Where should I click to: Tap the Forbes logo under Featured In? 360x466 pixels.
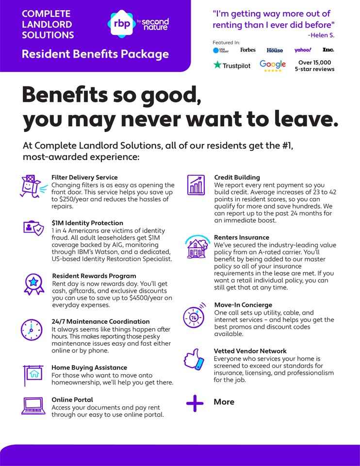pyautogui.click(x=247, y=50)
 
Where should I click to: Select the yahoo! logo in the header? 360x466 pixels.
pyautogui.click(x=303, y=50)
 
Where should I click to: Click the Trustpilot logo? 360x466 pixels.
pyautogui.click(x=232, y=65)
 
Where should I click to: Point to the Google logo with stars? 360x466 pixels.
pyautogui.click(x=273, y=66)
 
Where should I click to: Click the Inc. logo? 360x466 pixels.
pyautogui.click(x=328, y=50)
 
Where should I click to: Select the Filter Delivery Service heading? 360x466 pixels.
pyautogui.click(x=84, y=178)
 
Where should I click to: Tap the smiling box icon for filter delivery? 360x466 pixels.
pyautogui.click(x=32, y=186)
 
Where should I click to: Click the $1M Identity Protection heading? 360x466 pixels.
pyautogui.click(x=87, y=223)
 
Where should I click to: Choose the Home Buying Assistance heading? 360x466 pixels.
pyautogui.click(x=89, y=368)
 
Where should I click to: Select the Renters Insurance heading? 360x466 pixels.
pyautogui.click(x=242, y=237)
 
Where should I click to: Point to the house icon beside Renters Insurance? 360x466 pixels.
pyautogui.click(x=196, y=248)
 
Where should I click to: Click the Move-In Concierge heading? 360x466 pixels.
pyautogui.click(x=243, y=305)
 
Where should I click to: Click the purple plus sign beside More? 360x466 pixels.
pyautogui.click(x=195, y=403)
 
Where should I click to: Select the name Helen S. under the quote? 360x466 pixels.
pyautogui.click(x=321, y=35)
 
